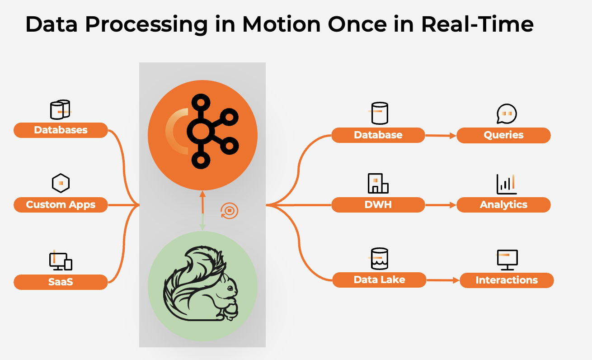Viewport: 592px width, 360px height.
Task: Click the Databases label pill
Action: [61, 130]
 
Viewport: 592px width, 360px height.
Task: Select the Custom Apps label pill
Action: [61, 205]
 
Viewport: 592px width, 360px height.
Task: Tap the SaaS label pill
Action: [61, 282]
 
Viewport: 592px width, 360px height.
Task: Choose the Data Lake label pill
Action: [379, 280]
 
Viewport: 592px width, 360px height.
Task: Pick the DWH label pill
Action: [378, 205]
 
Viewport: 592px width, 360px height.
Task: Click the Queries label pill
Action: [503, 135]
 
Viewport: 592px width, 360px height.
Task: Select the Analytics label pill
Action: [503, 205]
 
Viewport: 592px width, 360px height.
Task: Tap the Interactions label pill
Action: [506, 280]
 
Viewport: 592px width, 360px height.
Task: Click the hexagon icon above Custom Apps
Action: [61, 183]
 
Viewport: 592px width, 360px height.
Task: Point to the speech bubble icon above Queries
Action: [506, 114]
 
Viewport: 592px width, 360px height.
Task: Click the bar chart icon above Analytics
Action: [506, 184]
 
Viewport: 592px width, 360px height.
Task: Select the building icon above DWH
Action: [378, 183]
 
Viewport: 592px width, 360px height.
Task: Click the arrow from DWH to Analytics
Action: [441, 205]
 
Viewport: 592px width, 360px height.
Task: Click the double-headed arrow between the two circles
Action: [202, 211]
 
